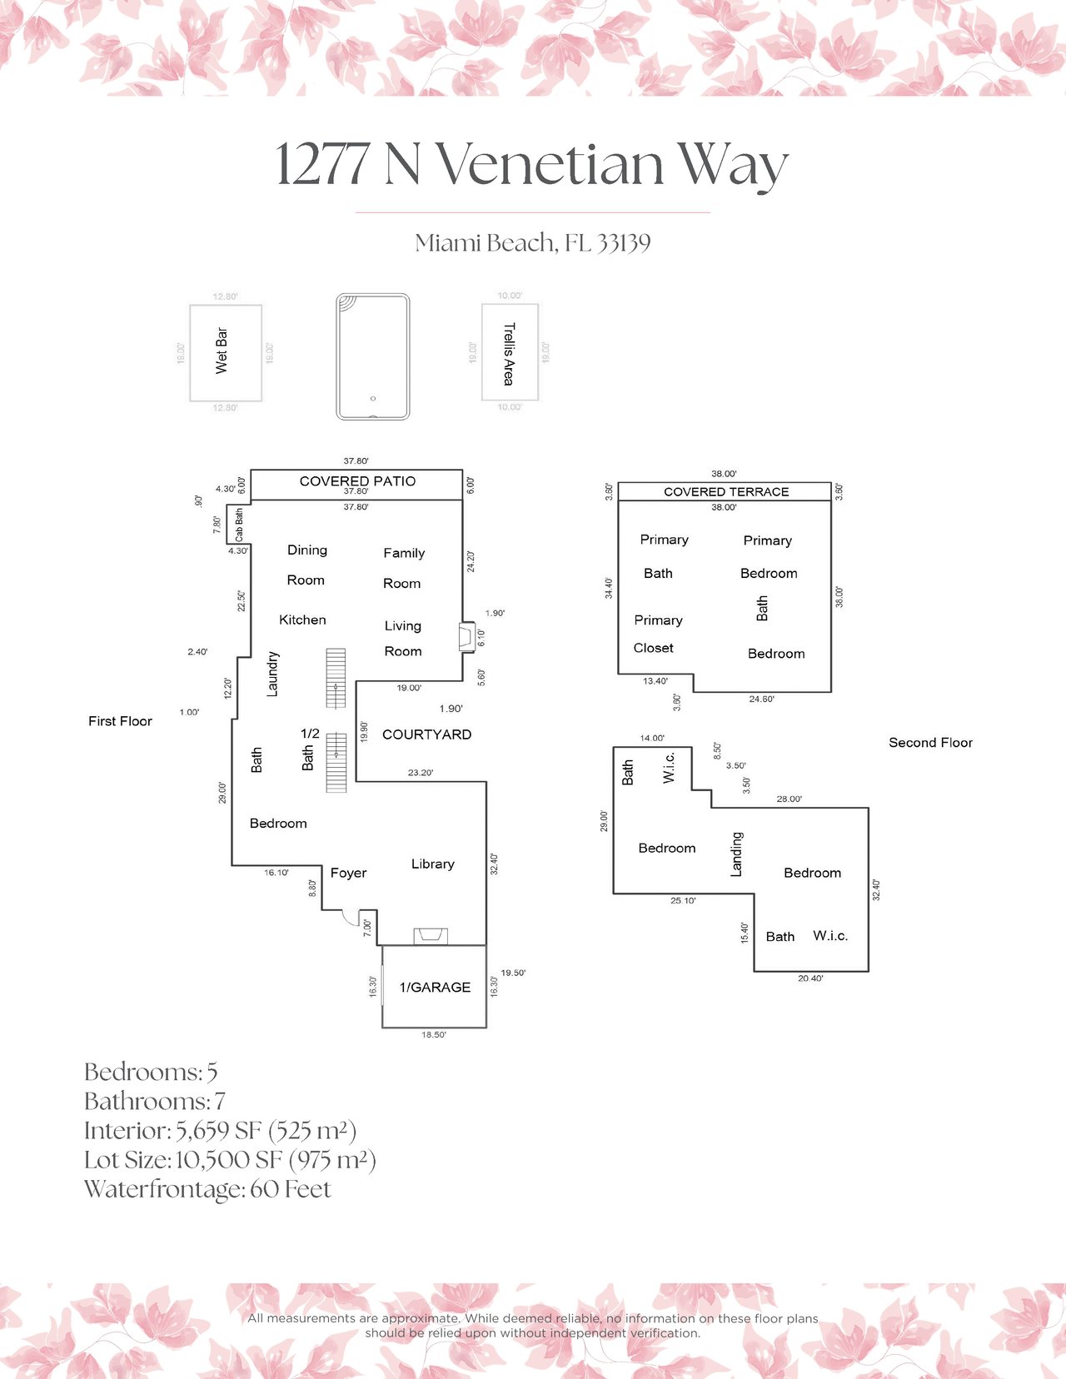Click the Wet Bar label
(x=222, y=351)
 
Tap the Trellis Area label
(x=509, y=353)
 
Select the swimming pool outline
(x=372, y=356)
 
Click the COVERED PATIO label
(x=357, y=481)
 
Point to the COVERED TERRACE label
(x=726, y=492)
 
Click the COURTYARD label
(x=426, y=734)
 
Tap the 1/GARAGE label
(x=435, y=988)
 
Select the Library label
(x=432, y=864)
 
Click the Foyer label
(x=348, y=873)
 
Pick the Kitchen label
(x=302, y=620)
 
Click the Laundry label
(x=272, y=674)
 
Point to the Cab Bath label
(x=239, y=525)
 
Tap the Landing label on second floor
(x=736, y=854)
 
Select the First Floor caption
(x=120, y=721)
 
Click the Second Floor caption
(x=930, y=743)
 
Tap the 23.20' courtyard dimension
(x=421, y=773)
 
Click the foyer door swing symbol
(x=352, y=919)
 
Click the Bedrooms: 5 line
(x=151, y=1072)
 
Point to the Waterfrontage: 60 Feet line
(x=207, y=1189)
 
